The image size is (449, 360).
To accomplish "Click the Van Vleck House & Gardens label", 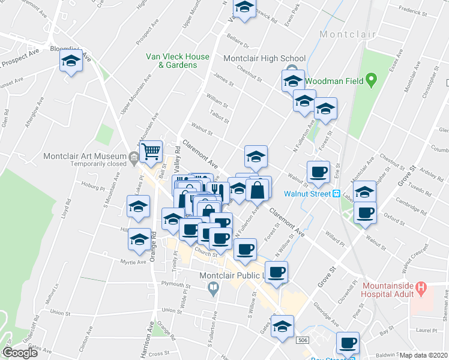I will click(x=178, y=61).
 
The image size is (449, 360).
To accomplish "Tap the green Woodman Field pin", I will click(x=372, y=79).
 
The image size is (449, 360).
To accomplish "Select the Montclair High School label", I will click(x=264, y=59).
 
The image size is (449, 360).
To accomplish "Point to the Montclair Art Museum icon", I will click(x=133, y=157).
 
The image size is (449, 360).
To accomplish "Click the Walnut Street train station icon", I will click(x=337, y=194).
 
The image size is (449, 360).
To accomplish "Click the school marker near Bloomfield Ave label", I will click(x=71, y=61).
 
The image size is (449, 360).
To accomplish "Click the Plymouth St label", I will click(x=175, y=284).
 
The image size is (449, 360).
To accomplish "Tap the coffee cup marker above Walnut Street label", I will click(x=318, y=172).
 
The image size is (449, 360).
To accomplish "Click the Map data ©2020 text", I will click(x=424, y=355).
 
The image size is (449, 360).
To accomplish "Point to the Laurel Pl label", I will click(x=427, y=330).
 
